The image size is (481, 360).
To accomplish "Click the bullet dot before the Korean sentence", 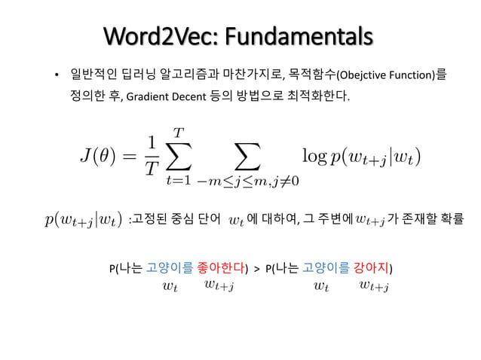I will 55,76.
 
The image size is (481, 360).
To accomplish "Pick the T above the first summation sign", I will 179,133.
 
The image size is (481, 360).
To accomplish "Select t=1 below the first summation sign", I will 179,181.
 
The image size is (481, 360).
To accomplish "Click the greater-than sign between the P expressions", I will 256,268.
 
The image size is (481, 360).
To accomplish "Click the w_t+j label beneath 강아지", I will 374,285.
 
